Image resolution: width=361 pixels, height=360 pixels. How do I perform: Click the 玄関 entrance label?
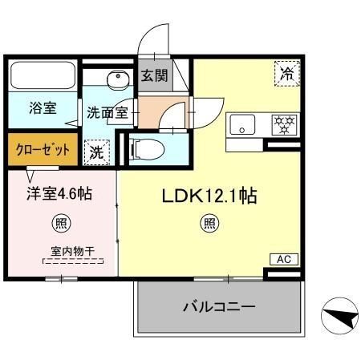(154, 78)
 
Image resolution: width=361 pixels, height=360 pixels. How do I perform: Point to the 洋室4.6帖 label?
(59, 192)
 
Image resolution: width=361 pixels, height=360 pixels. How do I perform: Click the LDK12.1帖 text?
(211, 195)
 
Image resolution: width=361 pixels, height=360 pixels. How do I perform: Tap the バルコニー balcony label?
(217, 306)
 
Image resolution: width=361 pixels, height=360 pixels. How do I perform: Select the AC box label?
(283, 259)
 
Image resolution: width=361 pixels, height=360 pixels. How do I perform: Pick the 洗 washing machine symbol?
(95, 150)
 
